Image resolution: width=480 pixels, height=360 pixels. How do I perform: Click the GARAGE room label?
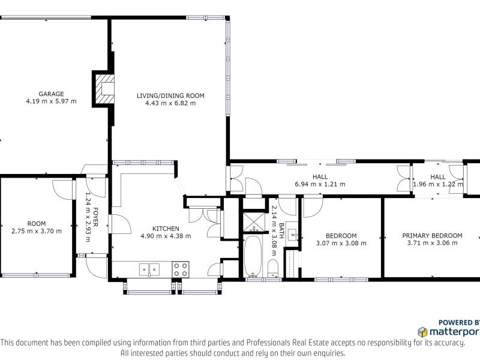tap(51, 94)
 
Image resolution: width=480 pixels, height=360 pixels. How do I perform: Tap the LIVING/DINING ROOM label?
tap(170, 96)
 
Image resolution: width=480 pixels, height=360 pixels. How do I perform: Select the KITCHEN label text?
tap(166, 229)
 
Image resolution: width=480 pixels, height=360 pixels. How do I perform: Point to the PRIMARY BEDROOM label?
tap(432, 236)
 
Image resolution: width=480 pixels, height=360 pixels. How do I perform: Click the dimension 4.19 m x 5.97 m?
tap(51, 101)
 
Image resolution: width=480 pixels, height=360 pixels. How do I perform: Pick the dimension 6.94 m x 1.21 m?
tap(320, 184)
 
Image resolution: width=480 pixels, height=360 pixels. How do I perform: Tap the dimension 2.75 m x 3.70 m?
tap(37, 231)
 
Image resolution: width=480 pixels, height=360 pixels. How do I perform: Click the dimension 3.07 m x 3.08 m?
tap(341, 244)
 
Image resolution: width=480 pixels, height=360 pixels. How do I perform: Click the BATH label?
tap(281, 230)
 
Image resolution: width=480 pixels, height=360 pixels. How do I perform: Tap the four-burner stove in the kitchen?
tap(181, 269)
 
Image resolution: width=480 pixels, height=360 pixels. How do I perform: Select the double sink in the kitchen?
tap(149, 269)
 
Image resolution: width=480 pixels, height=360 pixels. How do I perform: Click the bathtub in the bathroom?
tap(253, 256)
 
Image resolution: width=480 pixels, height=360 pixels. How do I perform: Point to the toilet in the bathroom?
tap(273, 268)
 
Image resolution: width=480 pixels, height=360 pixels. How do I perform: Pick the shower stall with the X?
tap(254, 221)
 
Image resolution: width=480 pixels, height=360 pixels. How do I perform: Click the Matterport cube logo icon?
tap(423, 332)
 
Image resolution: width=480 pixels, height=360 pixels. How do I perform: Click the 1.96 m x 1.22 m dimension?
tap(438, 184)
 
